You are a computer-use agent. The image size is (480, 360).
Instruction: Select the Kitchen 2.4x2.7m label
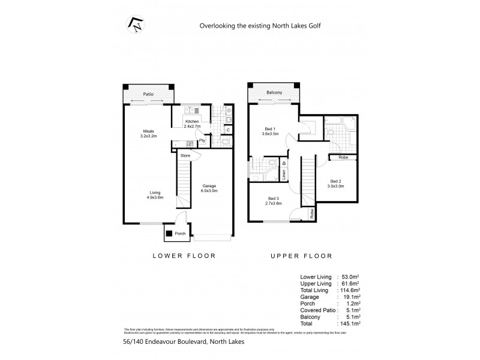[192, 124]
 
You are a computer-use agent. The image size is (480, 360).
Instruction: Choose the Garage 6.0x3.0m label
[209, 188]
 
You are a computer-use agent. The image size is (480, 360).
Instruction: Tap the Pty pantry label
[203, 141]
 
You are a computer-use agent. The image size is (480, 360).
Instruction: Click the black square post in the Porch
[170, 233]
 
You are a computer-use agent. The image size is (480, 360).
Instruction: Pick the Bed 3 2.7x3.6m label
[274, 201]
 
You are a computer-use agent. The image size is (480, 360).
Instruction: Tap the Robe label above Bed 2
[343, 157]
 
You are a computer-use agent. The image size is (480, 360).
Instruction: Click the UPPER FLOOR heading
[302, 256]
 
